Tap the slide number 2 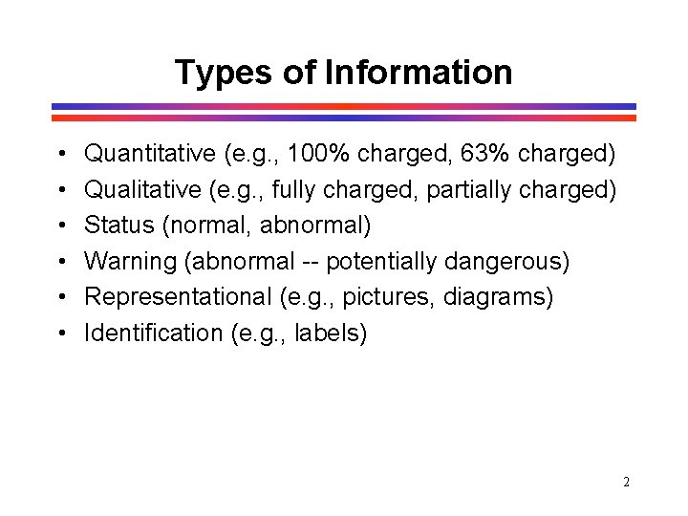click(626, 483)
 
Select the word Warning click(123, 261)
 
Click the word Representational click(179, 297)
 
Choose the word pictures click(391, 297)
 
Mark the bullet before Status click(60, 226)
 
